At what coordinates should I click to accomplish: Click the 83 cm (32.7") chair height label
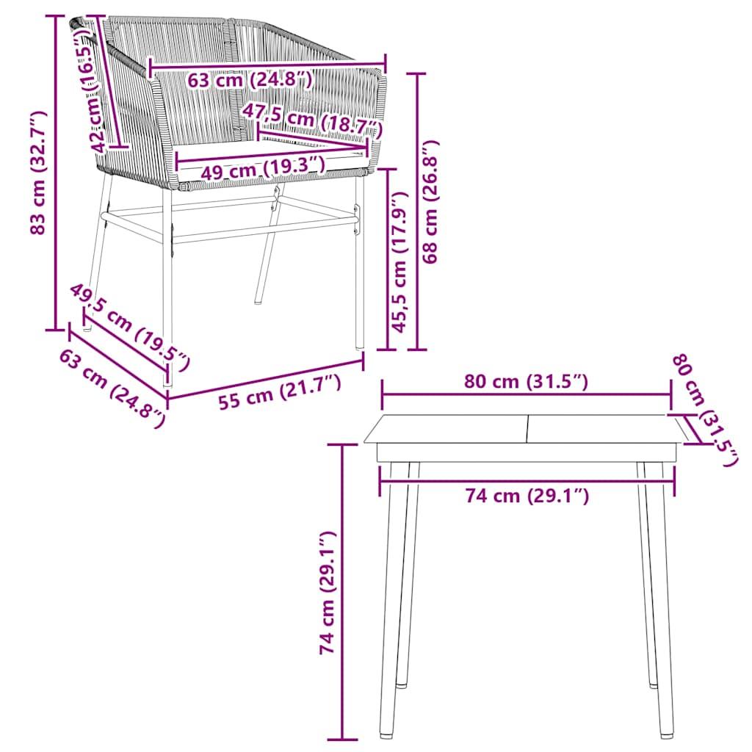38,173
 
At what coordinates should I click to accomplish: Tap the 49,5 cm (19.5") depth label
131,326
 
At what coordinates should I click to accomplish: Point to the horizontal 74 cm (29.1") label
527,496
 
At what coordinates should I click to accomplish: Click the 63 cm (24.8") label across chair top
250,79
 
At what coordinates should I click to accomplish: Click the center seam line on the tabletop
527,429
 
